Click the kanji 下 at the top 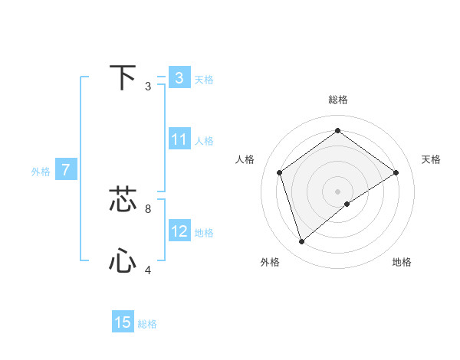[123, 78]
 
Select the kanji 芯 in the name [123, 199]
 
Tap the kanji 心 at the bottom [123, 261]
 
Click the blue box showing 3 [179, 78]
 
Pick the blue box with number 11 [179, 139]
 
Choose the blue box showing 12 [179, 231]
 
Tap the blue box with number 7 [66, 170]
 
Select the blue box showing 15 [123, 322]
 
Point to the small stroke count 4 [147, 270]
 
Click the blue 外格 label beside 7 [41, 172]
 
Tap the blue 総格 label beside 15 [147, 324]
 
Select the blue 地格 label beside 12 [204, 233]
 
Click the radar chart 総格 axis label [337, 100]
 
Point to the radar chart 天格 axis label [431, 159]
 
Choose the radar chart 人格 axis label [245, 159]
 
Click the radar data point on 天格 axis [396, 172]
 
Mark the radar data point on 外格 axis [301, 242]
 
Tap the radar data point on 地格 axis [347, 204]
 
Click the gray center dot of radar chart [337, 191]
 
